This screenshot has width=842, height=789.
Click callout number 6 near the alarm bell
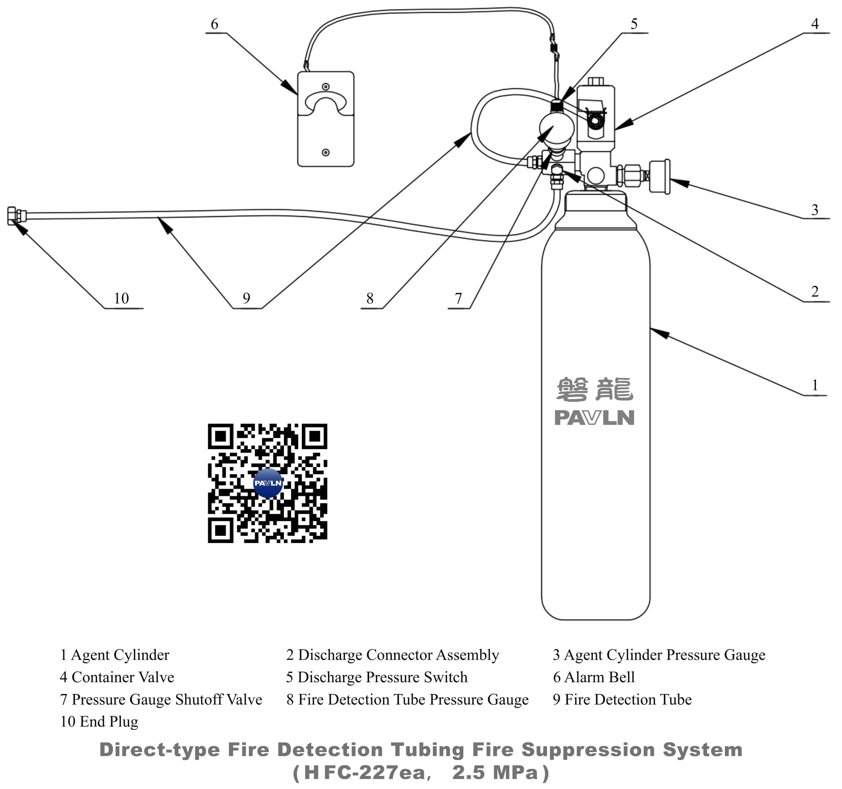[214, 24]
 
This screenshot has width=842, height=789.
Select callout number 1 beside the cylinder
[815, 385]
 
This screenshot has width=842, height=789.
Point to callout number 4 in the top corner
[815, 24]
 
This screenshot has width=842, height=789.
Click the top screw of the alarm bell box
[325, 87]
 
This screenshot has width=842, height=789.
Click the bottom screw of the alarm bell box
[325, 153]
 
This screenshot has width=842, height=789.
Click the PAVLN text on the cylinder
[594, 418]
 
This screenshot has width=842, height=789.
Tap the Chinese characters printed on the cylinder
[594, 389]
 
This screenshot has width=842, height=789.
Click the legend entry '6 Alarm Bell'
[594, 677]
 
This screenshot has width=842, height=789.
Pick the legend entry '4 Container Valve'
[117, 677]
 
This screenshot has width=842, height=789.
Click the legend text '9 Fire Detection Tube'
[622, 700]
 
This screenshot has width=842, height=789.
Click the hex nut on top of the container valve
[595, 81]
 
